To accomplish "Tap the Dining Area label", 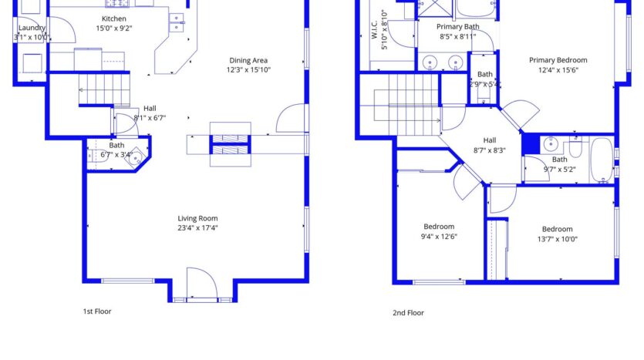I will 248,60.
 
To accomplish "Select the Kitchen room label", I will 114,19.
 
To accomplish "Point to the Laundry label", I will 32,28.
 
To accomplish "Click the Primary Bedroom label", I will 558,60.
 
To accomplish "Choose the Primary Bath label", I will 458,26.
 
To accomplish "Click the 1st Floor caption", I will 98,311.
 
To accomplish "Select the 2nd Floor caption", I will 408,313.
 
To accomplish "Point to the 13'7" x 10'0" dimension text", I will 557,239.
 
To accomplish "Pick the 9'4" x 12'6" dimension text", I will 439,237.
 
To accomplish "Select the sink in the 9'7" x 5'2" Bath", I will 551,144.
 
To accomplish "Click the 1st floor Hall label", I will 150,109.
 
